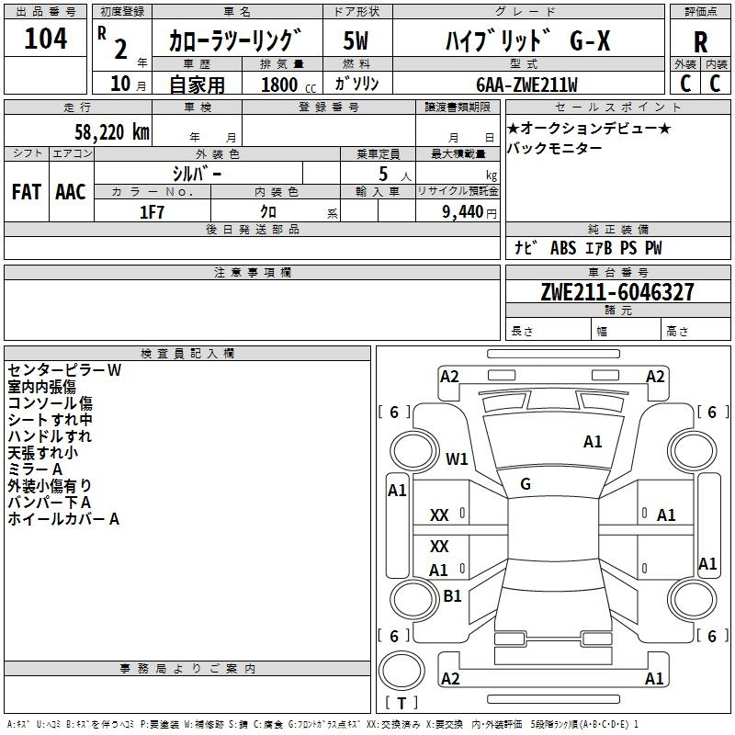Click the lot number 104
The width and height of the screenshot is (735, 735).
click(x=46, y=39)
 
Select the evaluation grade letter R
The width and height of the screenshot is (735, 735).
click(x=700, y=41)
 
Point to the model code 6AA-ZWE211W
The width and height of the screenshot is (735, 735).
click(x=527, y=85)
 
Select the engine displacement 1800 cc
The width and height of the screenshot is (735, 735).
click(x=281, y=85)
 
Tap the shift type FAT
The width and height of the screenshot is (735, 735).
click(x=26, y=192)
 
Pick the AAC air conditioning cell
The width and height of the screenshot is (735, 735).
click(x=70, y=192)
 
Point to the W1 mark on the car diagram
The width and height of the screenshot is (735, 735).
click(x=457, y=458)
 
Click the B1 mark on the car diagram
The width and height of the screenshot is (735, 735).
click(x=452, y=596)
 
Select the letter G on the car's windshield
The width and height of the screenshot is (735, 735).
click(x=525, y=484)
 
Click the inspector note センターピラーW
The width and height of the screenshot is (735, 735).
click(x=64, y=370)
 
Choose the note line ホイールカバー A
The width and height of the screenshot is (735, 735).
click(x=63, y=519)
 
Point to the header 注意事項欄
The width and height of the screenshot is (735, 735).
click(x=252, y=273)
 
